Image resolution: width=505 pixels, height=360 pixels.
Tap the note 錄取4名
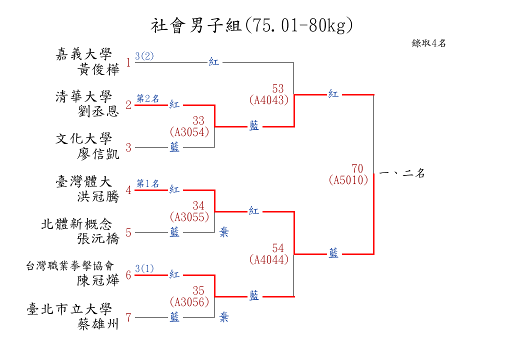428,43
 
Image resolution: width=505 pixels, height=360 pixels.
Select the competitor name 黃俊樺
98,69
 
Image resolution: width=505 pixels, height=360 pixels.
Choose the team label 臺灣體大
83,181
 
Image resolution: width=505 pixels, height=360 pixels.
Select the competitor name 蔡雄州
98,324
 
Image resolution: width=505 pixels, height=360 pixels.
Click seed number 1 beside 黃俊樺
128,62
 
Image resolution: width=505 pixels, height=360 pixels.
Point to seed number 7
128,317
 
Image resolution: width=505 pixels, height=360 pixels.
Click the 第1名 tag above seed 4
148,183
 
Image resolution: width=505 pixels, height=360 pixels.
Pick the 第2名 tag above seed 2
148,98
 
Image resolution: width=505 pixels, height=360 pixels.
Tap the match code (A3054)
189,132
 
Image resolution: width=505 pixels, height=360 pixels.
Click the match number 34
198,205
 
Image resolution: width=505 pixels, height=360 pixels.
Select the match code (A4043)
269,100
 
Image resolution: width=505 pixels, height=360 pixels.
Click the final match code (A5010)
348,180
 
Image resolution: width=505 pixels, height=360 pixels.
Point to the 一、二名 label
402,173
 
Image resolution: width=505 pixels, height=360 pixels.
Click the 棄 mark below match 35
224,317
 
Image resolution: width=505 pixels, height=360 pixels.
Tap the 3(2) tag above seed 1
144,56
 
